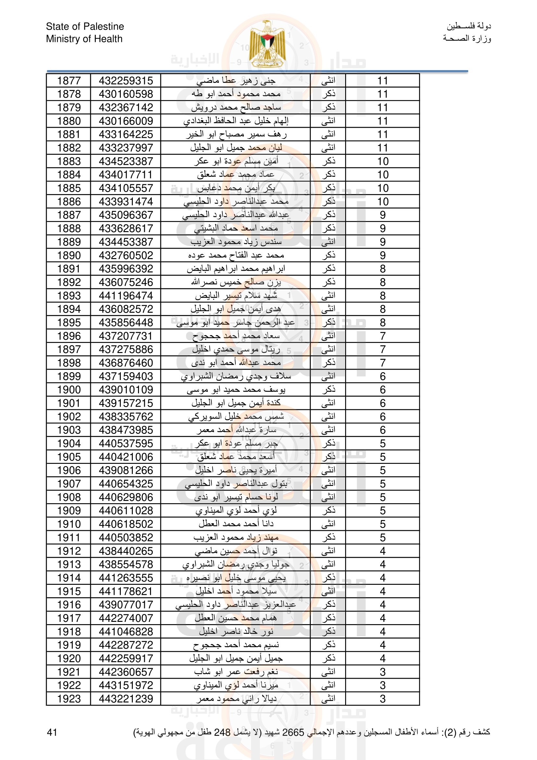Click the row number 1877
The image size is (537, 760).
[x=69, y=81]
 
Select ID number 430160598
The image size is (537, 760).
[x=126, y=94]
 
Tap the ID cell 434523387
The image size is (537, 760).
[x=126, y=162]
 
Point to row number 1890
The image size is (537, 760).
[x=69, y=256]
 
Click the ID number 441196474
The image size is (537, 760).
[x=126, y=296]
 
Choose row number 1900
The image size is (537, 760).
[x=69, y=390]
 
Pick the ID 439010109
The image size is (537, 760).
[x=126, y=390]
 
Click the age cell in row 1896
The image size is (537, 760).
[x=382, y=336]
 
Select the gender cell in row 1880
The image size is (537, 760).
[x=328, y=121]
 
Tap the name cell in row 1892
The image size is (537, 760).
[x=236, y=282]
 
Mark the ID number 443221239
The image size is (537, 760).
[x=126, y=699]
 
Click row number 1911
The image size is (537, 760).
[x=69, y=538]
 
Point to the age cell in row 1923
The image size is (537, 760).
[x=382, y=699]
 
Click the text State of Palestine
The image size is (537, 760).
[x=85, y=26]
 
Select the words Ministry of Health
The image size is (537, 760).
[x=84, y=39]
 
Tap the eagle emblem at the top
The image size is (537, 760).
[x=268, y=44]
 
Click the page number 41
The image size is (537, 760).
[x=52, y=732]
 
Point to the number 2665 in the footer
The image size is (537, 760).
[x=293, y=732]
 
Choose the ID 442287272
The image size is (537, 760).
[x=126, y=645]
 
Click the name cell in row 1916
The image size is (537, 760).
[x=236, y=605]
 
